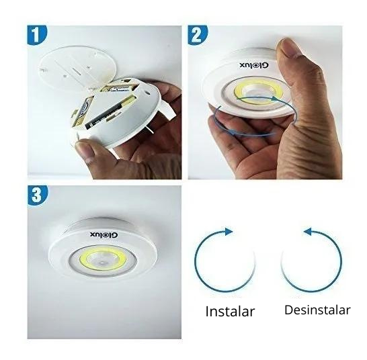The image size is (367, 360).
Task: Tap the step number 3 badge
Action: point(38,195)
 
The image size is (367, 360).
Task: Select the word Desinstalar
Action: point(317,310)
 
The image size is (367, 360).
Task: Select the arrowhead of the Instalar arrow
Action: point(229,232)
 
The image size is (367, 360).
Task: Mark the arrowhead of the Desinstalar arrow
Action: point(307,232)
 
